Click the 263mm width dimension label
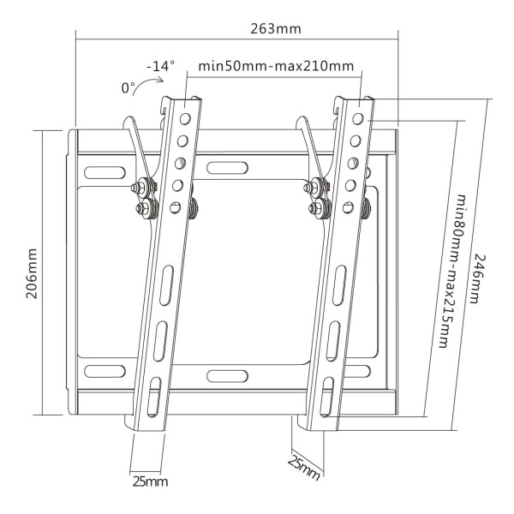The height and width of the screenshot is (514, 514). point(276,29)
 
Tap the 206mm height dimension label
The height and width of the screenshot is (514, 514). point(32,273)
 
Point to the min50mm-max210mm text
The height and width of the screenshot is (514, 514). point(276,66)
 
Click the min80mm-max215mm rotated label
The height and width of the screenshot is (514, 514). point(452,271)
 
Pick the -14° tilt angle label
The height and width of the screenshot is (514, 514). point(161,66)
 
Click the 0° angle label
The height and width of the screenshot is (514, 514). point(128,88)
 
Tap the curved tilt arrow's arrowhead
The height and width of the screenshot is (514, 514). point(161,80)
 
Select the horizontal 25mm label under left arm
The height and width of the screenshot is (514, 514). point(150,481)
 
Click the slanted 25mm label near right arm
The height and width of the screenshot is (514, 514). point(303,468)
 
